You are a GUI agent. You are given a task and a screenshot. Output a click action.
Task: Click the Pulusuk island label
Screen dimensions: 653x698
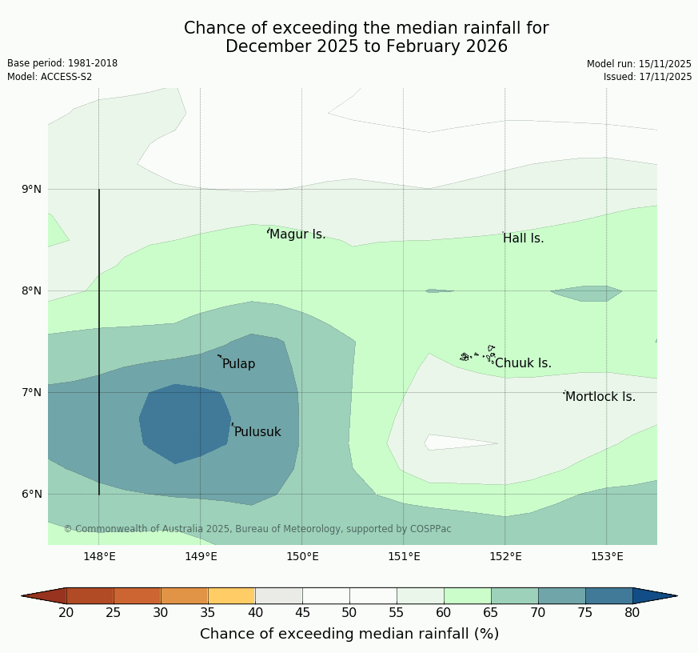257,432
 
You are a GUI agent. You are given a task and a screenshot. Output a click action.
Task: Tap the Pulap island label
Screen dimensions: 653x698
238,364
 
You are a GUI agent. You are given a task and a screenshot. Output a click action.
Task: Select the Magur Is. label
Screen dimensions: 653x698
297,234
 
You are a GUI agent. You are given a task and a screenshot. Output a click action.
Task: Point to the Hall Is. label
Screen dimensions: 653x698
523,238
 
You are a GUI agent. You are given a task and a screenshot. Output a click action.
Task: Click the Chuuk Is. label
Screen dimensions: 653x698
523,363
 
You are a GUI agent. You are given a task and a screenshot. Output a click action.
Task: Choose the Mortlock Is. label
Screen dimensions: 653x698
600,397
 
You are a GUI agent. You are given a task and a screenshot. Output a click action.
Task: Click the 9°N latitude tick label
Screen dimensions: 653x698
32,189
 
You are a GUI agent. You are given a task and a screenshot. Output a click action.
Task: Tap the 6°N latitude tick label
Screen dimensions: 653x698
32,494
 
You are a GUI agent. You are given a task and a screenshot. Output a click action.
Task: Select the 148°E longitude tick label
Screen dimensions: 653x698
99,557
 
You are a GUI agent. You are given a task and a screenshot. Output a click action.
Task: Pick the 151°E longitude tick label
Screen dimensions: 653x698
404,557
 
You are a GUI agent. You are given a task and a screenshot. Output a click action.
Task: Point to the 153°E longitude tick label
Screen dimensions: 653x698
607,557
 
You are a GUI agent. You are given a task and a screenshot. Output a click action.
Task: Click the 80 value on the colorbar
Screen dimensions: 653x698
632,613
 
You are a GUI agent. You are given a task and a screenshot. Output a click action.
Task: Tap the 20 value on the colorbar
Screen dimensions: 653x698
66,613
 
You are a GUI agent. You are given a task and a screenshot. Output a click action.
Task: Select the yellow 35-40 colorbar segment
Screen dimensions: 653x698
231,595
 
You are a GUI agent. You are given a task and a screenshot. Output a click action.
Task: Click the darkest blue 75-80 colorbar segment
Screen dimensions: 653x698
608,595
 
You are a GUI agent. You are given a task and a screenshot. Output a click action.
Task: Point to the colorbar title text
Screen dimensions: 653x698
349,634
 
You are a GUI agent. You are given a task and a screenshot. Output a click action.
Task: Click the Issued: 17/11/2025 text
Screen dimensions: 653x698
648,77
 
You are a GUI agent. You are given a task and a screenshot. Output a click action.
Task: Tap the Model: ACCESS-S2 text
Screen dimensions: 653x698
50,77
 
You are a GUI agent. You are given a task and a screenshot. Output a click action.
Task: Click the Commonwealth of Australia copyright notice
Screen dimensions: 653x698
257,529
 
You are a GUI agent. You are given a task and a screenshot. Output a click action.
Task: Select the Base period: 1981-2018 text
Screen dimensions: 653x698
62,63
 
